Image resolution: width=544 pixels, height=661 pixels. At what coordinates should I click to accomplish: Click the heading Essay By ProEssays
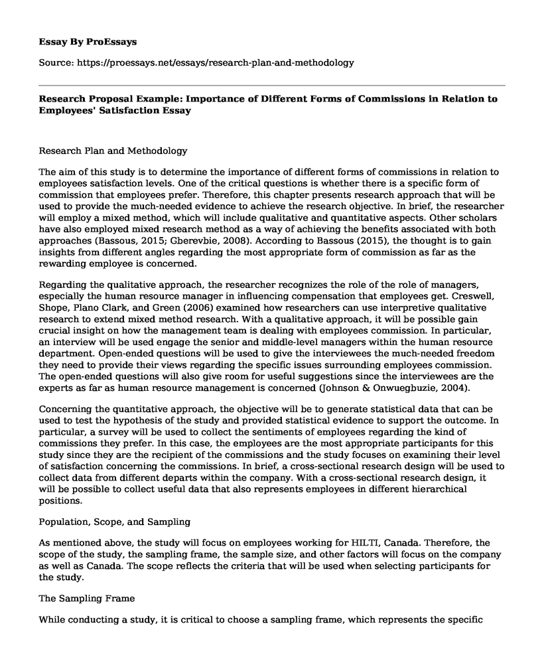click(88, 41)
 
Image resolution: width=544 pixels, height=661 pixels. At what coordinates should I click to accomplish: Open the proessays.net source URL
click(218, 63)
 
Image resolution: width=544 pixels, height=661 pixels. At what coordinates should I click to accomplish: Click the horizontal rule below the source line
click(271, 84)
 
